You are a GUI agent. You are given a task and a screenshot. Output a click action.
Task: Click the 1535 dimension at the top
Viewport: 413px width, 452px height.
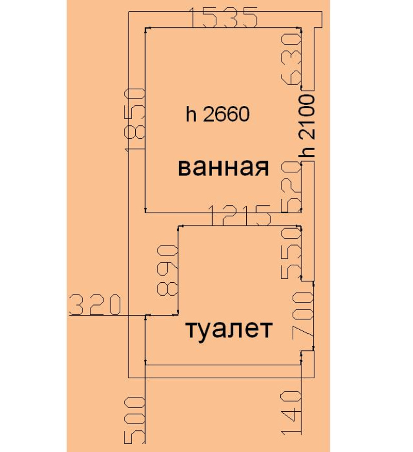click(224, 18)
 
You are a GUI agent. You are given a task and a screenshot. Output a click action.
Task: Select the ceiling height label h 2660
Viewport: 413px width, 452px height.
click(218, 114)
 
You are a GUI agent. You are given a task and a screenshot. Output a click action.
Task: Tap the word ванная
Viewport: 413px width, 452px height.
click(224, 168)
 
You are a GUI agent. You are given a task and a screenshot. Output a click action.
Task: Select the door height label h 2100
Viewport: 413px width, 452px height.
click(307, 126)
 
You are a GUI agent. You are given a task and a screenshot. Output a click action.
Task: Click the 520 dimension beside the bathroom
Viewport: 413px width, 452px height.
click(291, 186)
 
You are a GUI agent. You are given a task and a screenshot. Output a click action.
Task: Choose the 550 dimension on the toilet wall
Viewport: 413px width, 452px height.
click(291, 253)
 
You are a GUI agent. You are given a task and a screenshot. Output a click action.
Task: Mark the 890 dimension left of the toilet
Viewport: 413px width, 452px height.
click(167, 270)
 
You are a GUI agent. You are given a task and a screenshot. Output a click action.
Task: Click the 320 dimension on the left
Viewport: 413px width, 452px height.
click(94, 305)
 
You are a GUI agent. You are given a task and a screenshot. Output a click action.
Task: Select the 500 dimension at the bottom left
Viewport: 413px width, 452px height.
click(134, 420)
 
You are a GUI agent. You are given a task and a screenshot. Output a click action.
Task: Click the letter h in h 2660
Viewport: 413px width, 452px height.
click(190, 114)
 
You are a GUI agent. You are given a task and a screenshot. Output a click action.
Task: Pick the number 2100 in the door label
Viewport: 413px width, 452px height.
click(307, 118)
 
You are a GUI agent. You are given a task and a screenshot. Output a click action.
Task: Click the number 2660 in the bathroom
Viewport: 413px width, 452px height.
click(226, 114)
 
